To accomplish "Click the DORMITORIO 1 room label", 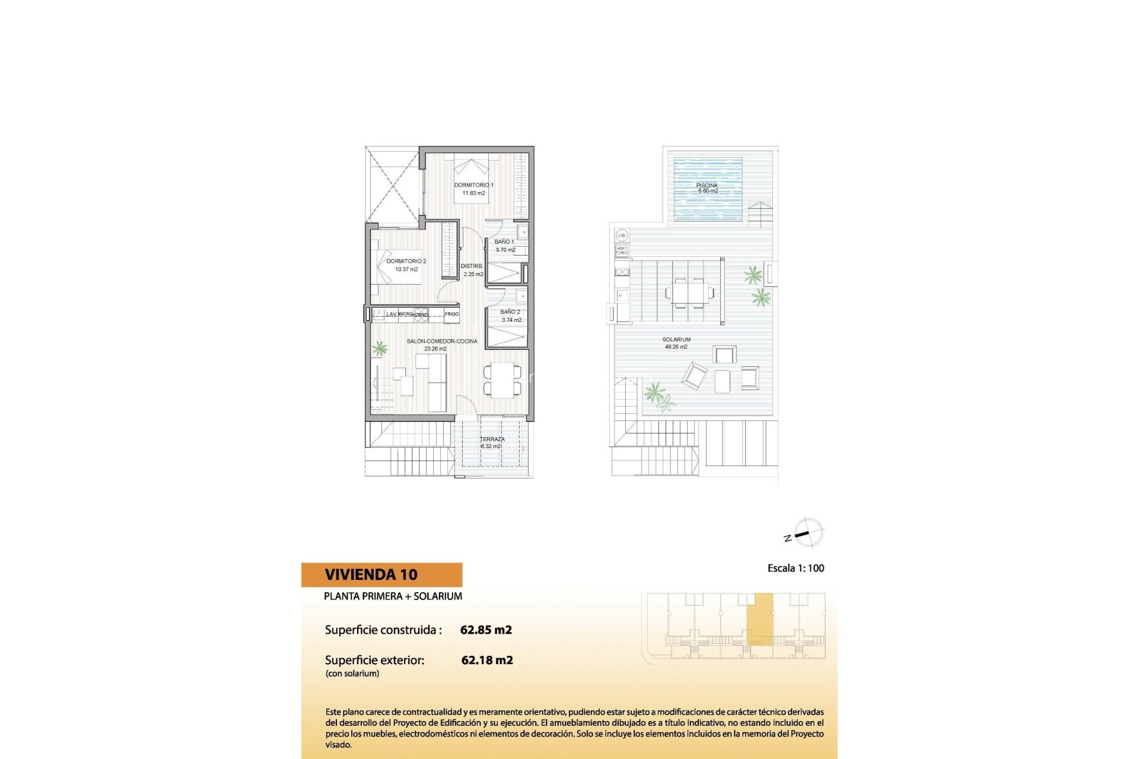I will pyautogui.click(x=473, y=185).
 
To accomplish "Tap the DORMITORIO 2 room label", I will pyautogui.click(x=406, y=261).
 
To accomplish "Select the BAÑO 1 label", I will pyautogui.click(x=504, y=242).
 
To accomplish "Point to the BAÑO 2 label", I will pyautogui.click(x=510, y=312).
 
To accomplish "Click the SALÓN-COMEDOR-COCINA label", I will pyautogui.click(x=441, y=342).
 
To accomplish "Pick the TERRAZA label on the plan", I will pyautogui.click(x=492, y=439).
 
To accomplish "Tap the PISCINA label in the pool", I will pyautogui.click(x=707, y=186).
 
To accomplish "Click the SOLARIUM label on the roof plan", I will pyautogui.click(x=676, y=340).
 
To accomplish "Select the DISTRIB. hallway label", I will pyautogui.click(x=472, y=266).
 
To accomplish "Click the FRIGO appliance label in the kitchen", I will pyautogui.click(x=451, y=314).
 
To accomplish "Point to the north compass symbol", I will pyautogui.click(x=806, y=532).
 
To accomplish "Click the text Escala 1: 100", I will pyautogui.click(x=796, y=568).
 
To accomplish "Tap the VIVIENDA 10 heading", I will pyautogui.click(x=371, y=575).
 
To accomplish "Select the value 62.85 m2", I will pyautogui.click(x=486, y=630).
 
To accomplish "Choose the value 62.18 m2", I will pyautogui.click(x=487, y=660).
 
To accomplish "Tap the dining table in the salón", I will pyautogui.click(x=502, y=380).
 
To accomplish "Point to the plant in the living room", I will pyautogui.click(x=379, y=349).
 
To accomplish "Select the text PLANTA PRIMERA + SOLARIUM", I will pyautogui.click(x=393, y=596).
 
